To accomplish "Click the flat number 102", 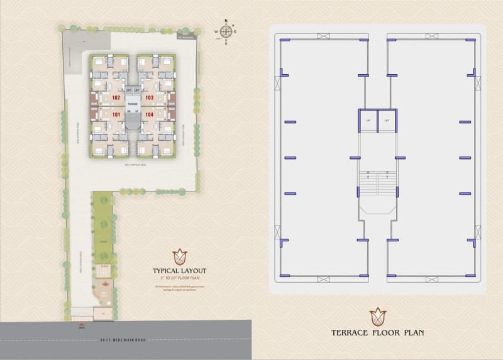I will pyautogui.click(x=116, y=98).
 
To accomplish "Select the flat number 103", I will pyautogui.click(x=150, y=98).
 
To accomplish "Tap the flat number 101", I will pyautogui.click(x=116, y=115).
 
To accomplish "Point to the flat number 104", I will pyautogui.click(x=150, y=115).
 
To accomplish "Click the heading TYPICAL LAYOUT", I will pyautogui.click(x=180, y=271).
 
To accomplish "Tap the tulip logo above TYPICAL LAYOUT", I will pyautogui.click(x=180, y=256).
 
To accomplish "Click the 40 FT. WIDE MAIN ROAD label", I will pyautogui.click(x=123, y=340).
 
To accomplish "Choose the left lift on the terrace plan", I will pyautogui.click(x=368, y=121).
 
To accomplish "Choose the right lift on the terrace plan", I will pyautogui.click(x=386, y=121).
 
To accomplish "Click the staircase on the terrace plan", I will pyautogui.click(x=377, y=185).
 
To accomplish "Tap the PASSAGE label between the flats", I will pyautogui.click(x=133, y=103).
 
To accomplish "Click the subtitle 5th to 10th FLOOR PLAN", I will pyautogui.click(x=180, y=278).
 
